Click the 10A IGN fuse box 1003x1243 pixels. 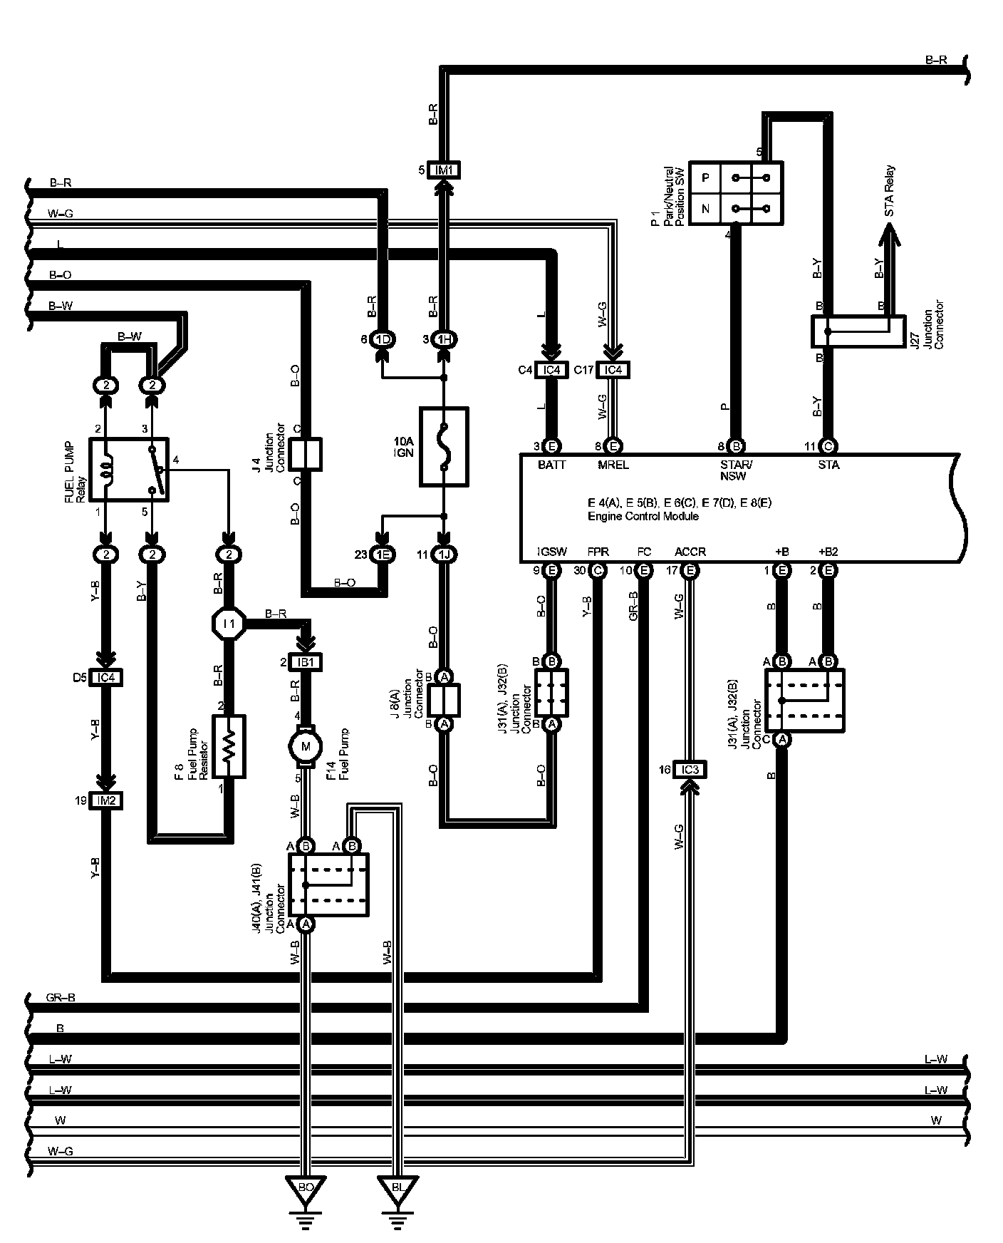(444, 447)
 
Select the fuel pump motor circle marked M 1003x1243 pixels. (306, 746)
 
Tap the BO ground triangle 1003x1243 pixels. (306, 1188)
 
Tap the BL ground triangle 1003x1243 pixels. (398, 1188)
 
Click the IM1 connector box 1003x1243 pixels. (445, 170)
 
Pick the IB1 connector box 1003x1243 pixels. (306, 662)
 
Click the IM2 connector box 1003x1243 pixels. (106, 801)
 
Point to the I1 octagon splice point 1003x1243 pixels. (229, 624)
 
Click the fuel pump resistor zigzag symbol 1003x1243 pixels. (229, 746)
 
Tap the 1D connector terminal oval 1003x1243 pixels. (383, 339)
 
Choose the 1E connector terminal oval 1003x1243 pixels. (383, 555)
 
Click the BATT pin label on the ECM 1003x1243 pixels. (552, 465)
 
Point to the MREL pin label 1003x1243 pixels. (613, 465)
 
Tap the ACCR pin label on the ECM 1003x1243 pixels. (690, 552)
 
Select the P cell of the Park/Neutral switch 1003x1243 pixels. (705, 177)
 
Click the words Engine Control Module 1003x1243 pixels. (643, 516)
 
